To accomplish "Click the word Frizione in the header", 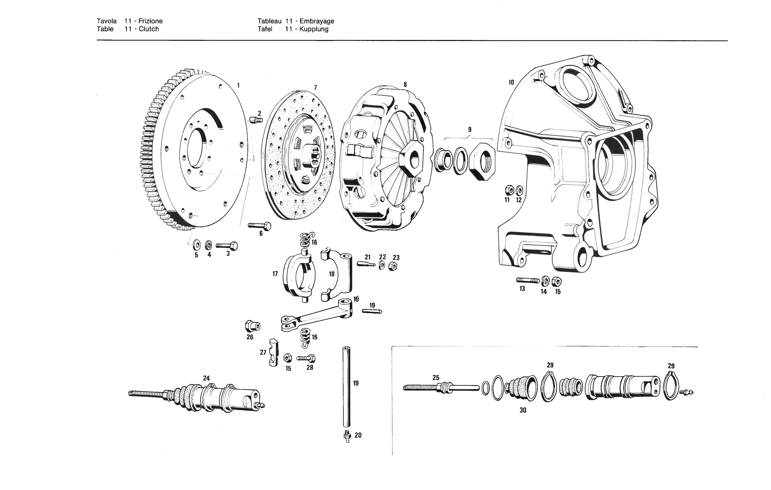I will click(x=151, y=21).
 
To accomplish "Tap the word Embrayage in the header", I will click(x=317, y=21).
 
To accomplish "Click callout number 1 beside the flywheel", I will click(x=238, y=85).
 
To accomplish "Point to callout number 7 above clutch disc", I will click(x=315, y=88).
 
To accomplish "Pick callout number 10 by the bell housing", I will click(x=511, y=82).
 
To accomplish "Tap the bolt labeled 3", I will click(x=227, y=245).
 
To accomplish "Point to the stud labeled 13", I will click(x=527, y=280).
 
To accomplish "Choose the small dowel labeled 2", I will click(x=256, y=120).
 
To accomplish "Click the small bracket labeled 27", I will click(x=273, y=352).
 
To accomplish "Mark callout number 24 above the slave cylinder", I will click(x=206, y=378).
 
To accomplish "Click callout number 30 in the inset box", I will click(x=523, y=410).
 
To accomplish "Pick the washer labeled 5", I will click(x=197, y=244).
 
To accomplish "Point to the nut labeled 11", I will click(x=508, y=190).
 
